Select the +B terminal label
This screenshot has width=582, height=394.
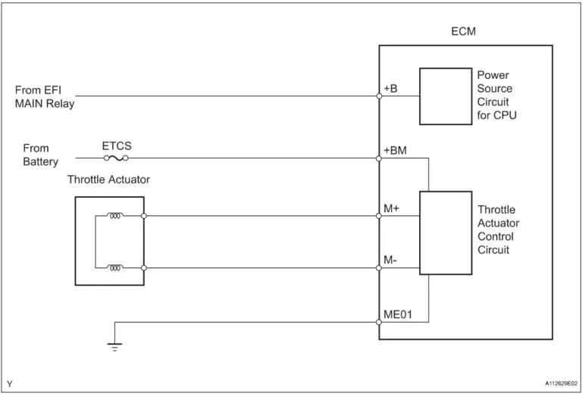pyautogui.click(x=391, y=89)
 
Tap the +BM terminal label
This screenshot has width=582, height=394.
pyautogui.click(x=395, y=151)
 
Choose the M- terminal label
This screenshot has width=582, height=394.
pyautogui.click(x=391, y=260)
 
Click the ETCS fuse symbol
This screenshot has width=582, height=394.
pyautogui.click(x=116, y=159)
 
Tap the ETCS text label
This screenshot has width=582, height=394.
pyautogui.click(x=116, y=144)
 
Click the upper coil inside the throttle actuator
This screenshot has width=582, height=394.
pyautogui.click(x=115, y=216)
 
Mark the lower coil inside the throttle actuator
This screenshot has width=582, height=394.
pyautogui.click(x=115, y=267)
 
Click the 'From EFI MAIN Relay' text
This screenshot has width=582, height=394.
pyautogui.click(x=44, y=97)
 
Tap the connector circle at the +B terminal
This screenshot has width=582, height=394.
pyautogui.click(x=379, y=96)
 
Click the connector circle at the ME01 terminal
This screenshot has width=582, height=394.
pyautogui.click(x=379, y=322)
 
